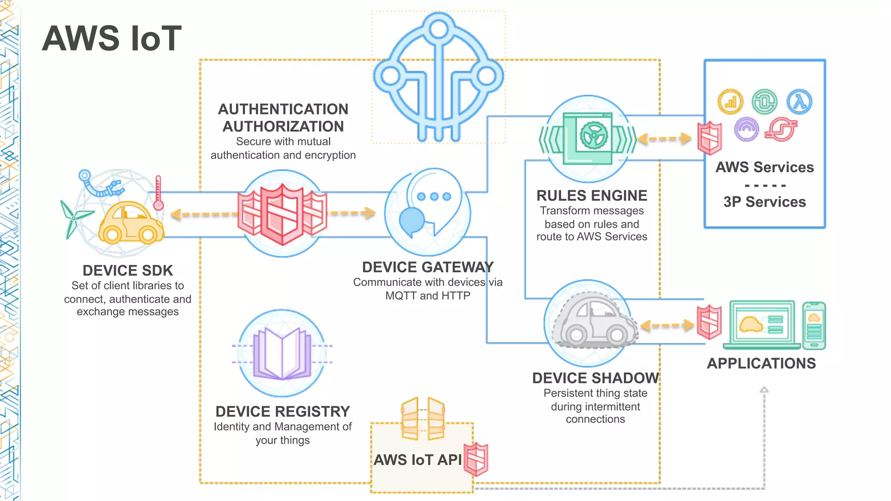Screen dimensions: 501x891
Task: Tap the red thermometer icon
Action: (x=158, y=194)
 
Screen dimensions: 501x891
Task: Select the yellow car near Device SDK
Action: (x=131, y=222)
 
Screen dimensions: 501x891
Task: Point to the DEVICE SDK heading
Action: (x=127, y=271)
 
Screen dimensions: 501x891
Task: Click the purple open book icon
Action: (x=282, y=354)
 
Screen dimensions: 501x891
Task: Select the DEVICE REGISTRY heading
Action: (x=282, y=411)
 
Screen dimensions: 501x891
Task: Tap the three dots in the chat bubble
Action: (x=434, y=197)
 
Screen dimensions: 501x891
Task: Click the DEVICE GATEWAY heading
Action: (x=428, y=267)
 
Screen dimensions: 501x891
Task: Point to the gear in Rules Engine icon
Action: (x=593, y=135)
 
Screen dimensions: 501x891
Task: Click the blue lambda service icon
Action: (x=799, y=102)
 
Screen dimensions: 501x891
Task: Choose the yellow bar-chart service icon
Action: (x=730, y=102)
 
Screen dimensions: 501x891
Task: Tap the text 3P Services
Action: (x=764, y=202)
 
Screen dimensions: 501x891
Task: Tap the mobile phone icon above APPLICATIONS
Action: (x=814, y=326)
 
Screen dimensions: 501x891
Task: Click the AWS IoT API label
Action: (x=417, y=460)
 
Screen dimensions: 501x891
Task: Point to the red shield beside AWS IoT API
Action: (x=476, y=459)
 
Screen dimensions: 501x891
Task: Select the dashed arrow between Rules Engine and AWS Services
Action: (x=664, y=139)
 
